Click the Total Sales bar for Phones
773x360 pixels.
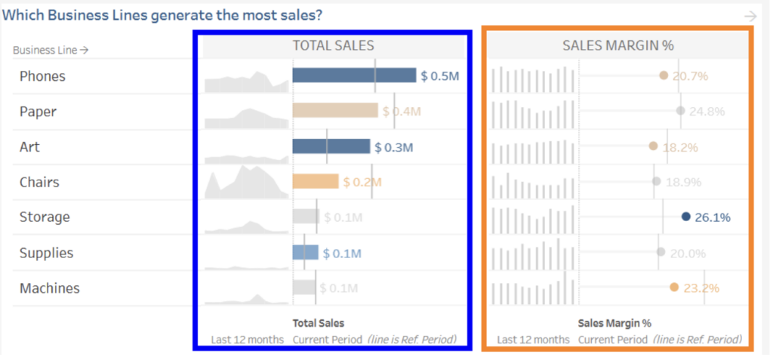pos(354,75)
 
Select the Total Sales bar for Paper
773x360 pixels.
pos(335,111)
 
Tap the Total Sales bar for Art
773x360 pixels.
pos(331,146)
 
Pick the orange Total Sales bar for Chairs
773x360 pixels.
pos(316,182)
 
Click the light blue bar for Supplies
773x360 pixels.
pos(306,253)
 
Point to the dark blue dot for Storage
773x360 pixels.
pos(685,217)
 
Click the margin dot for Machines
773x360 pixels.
pos(674,288)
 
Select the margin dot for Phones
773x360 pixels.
pos(664,75)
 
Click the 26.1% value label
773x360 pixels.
pos(712,217)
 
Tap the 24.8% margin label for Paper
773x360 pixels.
pos(707,112)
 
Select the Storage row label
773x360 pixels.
pos(45,217)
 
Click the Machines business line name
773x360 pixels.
pos(49,288)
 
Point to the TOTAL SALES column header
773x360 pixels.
pos(333,46)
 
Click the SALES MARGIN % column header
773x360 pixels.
pos(617,46)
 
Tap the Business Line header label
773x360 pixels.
pos(51,51)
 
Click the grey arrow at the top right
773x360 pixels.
pos(750,16)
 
